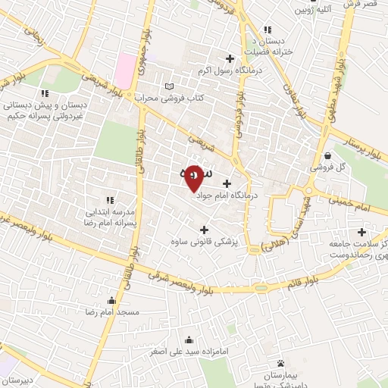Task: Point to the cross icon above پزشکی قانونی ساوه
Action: tap(203, 229)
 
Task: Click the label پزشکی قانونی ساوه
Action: tap(202, 242)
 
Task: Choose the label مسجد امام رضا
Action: tap(113, 312)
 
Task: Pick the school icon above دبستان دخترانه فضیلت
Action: tap(267, 30)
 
